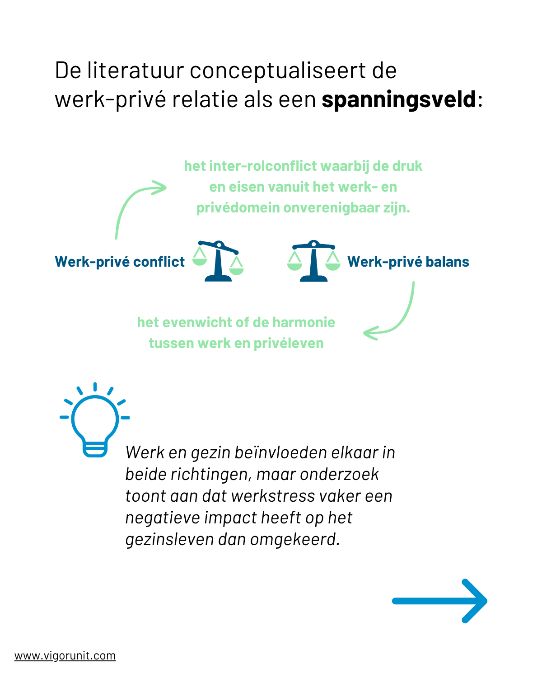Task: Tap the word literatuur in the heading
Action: coord(135,70)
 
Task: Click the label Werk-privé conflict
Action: coord(120,262)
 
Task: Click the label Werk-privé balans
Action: coord(408,262)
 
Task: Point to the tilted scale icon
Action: coord(218,261)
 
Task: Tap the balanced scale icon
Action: coord(313,261)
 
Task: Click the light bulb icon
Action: coord(94,420)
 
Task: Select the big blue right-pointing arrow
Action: coord(439,601)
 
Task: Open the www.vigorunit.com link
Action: coord(65,656)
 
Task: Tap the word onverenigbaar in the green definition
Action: coord(331,208)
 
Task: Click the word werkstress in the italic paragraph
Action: coord(273,496)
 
